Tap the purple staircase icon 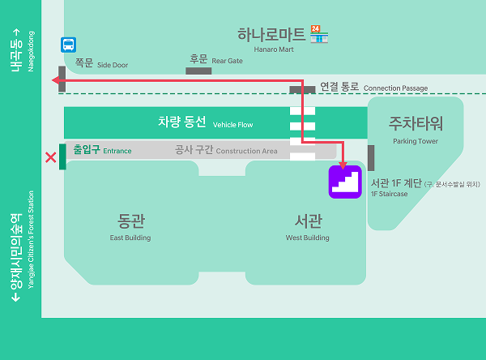pyautogui.click(x=344, y=182)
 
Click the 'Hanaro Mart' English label pyautogui.click(x=268, y=49)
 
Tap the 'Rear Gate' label pyautogui.click(x=228, y=61)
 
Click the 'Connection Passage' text pyautogui.click(x=396, y=88)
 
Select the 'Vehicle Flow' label pyautogui.click(x=233, y=125)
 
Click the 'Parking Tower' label pyautogui.click(x=416, y=141)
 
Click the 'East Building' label pyautogui.click(x=130, y=238)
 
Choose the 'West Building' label pyautogui.click(x=307, y=238)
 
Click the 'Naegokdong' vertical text pyautogui.click(x=32, y=52)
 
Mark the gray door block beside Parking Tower pyautogui.click(x=371, y=158)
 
